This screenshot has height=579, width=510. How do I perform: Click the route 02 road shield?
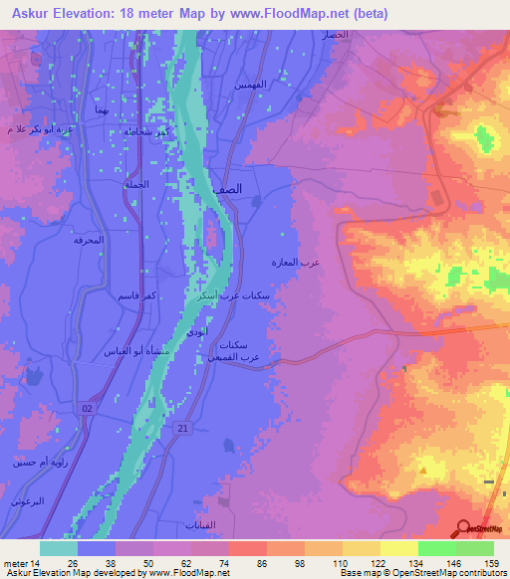(x=89, y=409)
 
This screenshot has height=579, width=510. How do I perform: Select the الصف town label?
(x=255, y=188)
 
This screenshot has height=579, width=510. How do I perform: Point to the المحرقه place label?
(x=89, y=241)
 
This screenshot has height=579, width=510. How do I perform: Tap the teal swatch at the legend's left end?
(x=59, y=548)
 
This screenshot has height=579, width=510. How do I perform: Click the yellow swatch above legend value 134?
(x=399, y=548)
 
